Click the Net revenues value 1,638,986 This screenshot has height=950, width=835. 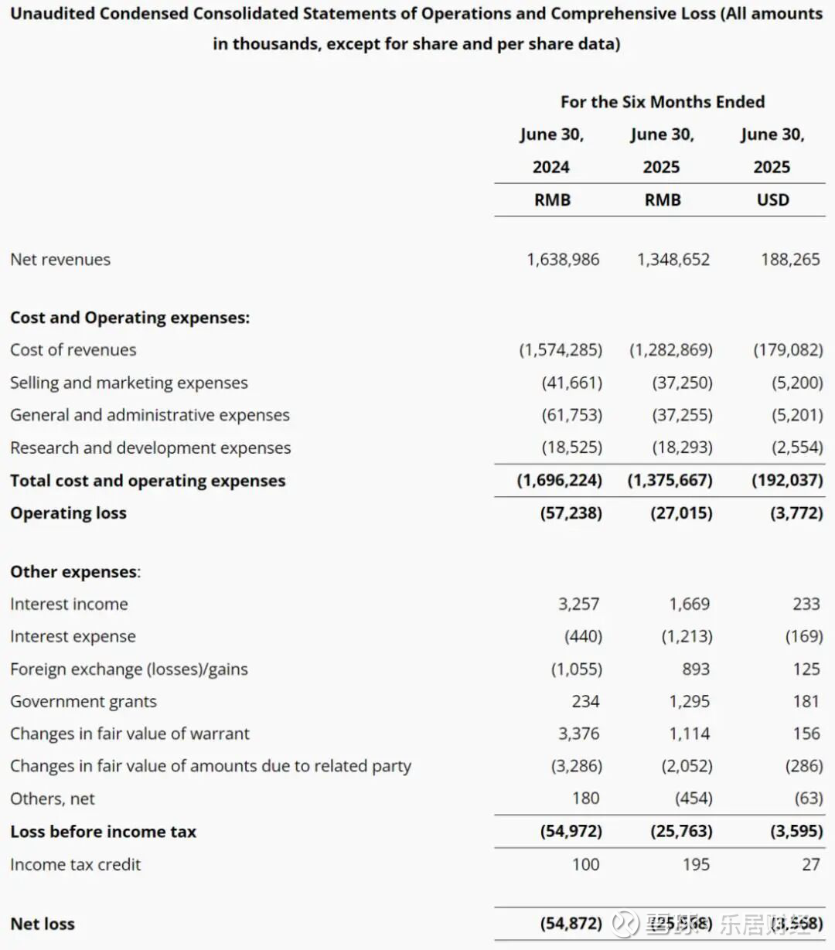563,260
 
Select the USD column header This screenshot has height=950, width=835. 772,200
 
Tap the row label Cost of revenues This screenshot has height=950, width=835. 73,350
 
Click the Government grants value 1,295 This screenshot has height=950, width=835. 689,702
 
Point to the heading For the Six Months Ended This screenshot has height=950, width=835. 663,102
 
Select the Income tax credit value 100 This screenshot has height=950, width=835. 585,865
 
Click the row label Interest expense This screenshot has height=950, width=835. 73,637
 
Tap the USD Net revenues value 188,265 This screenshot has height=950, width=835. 790,260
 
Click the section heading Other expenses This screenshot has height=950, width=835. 74,572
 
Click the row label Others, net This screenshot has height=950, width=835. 53,799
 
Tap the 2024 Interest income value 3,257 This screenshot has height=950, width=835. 578,604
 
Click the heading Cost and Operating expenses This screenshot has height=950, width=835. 130,318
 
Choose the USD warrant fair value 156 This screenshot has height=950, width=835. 806,734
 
